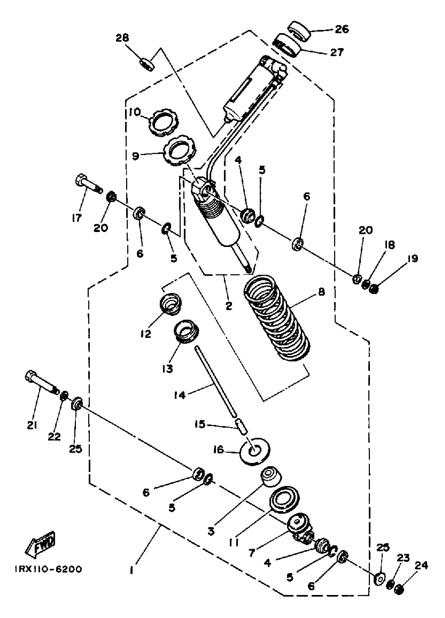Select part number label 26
[342, 29]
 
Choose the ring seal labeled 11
[284, 499]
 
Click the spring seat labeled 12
[170, 304]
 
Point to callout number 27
[337, 52]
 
